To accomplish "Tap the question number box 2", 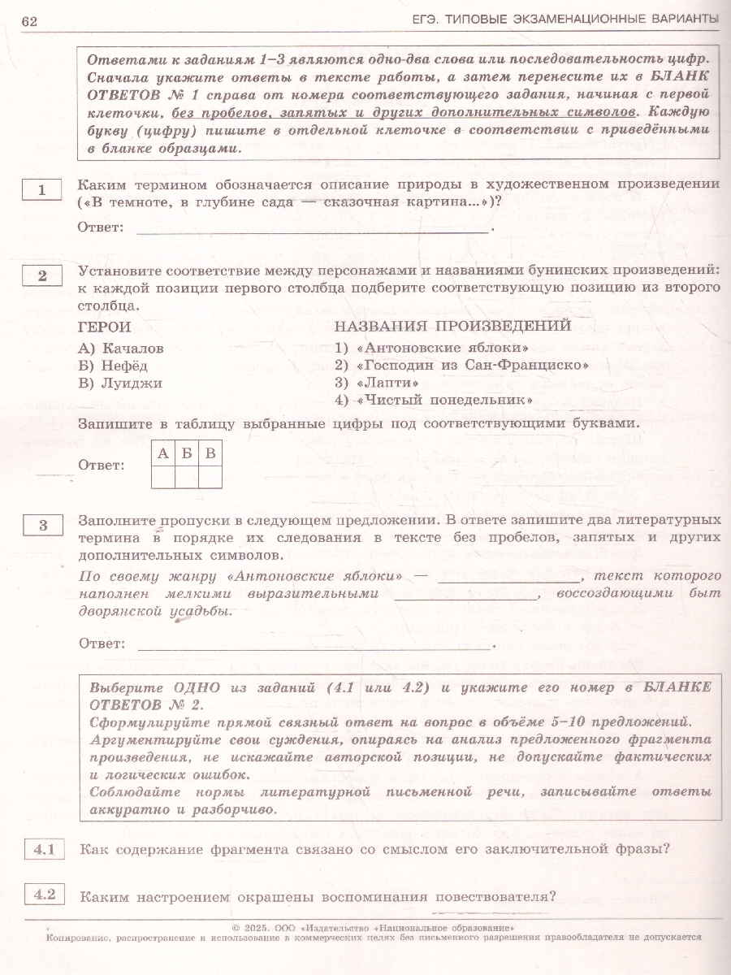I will point(42,275).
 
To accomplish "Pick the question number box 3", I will point(43,525).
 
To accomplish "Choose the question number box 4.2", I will point(43,895).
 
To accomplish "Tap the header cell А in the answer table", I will point(163,453).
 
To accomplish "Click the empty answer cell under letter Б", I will point(187,476).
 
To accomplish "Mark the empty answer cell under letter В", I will point(210,476).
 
